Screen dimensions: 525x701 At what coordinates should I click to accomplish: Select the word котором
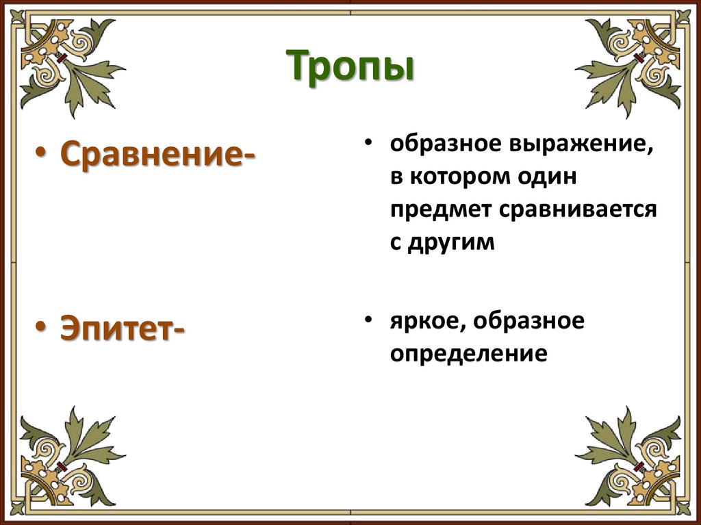466,178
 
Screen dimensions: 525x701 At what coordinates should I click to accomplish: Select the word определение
469,353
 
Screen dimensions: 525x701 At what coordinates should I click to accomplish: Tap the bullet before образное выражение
368,144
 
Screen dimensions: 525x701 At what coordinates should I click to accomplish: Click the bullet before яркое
368,320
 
